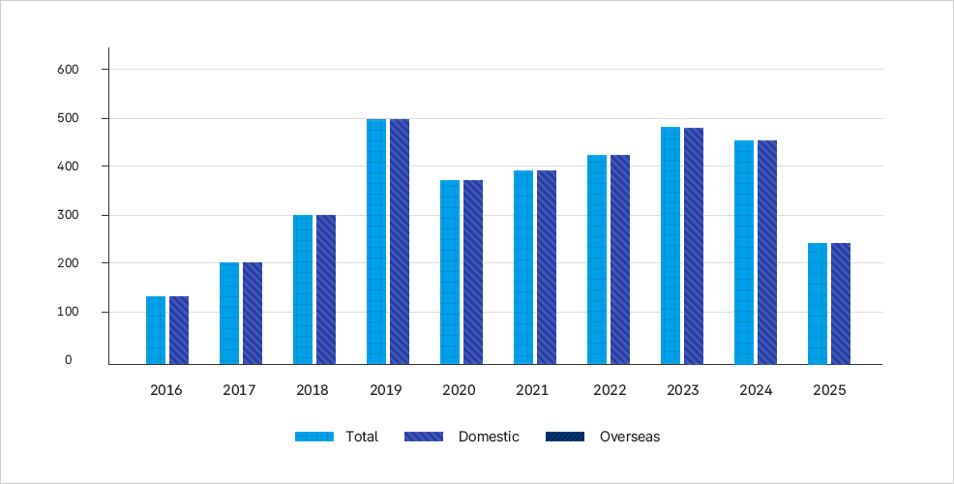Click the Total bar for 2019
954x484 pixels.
376,242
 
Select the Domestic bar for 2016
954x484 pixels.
179,330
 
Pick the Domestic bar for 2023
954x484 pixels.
694,246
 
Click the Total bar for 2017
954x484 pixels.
229,314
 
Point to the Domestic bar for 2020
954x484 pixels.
473,272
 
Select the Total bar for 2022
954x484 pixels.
597,259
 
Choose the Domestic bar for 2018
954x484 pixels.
326,289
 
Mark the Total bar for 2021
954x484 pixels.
523,267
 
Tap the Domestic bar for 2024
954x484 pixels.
767,253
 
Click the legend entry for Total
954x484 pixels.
337,437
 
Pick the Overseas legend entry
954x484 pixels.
604,437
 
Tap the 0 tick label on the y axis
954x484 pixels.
69,360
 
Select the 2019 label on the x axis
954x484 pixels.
386,391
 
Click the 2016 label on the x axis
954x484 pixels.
165,391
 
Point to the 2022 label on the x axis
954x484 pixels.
607,391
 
